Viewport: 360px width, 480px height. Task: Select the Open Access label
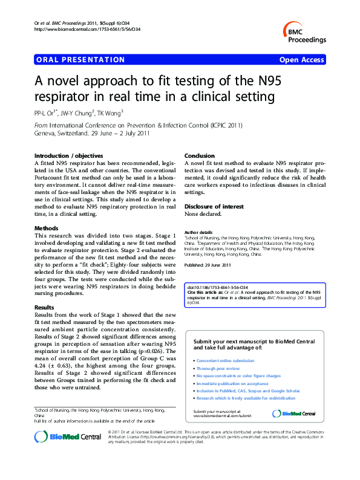(x=301, y=60)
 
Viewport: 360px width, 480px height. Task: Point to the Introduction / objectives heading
(x=68, y=156)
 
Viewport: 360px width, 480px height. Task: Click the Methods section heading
(x=47, y=228)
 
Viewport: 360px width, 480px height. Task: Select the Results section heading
(x=45, y=308)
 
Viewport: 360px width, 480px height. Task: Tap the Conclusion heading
(x=200, y=156)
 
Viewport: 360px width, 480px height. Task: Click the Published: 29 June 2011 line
(x=210, y=265)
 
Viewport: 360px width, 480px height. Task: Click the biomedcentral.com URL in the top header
(x=88, y=29)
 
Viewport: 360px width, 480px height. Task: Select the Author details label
(x=198, y=232)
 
